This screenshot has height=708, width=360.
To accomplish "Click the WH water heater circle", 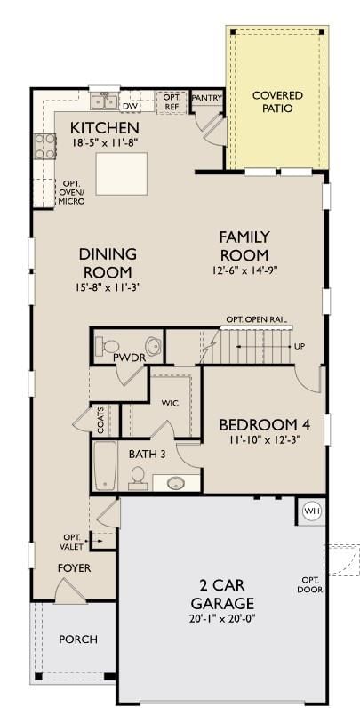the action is click(311, 511).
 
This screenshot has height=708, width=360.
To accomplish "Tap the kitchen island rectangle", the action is click(122, 173).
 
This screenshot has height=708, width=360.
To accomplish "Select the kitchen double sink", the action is click(104, 101).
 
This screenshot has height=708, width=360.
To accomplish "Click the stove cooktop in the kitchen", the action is click(44, 146).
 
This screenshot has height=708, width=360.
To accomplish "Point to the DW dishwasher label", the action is click(131, 107).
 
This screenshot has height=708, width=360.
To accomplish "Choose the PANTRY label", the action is click(206, 98).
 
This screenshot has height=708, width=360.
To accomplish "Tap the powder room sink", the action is click(154, 346).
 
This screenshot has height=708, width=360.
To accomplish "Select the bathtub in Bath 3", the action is click(105, 465).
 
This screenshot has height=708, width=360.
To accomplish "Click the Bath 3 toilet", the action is click(137, 478).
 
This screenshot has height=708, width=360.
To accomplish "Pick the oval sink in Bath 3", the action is click(175, 483).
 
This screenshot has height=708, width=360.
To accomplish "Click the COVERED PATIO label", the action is click(277, 102).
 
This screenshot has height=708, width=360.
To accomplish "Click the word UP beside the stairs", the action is click(299, 347).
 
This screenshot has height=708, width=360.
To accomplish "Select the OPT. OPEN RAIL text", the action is click(256, 319).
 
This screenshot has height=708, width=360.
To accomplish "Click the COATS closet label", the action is click(100, 421).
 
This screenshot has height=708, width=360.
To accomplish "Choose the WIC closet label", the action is click(171, 403).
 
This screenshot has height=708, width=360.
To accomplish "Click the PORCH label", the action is click(78, 640).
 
